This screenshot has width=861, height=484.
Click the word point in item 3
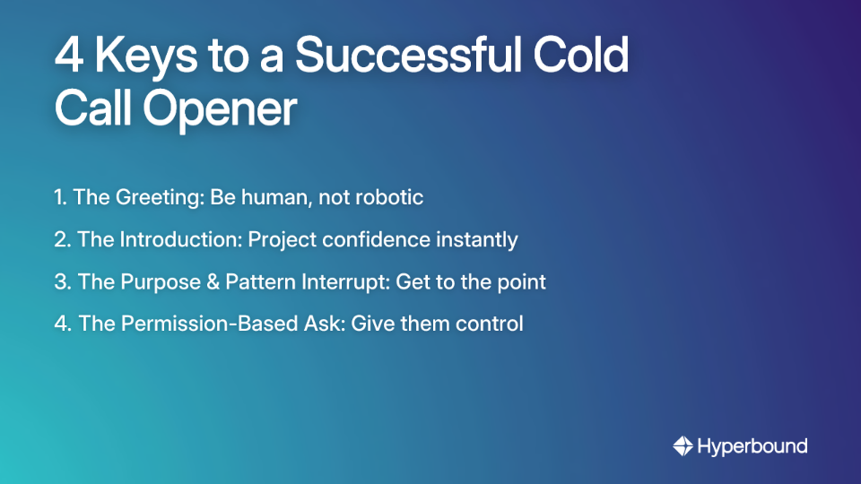[523, 281]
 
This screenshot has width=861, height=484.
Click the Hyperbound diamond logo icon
[683, 445]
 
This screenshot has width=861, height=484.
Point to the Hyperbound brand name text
[752, 445]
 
